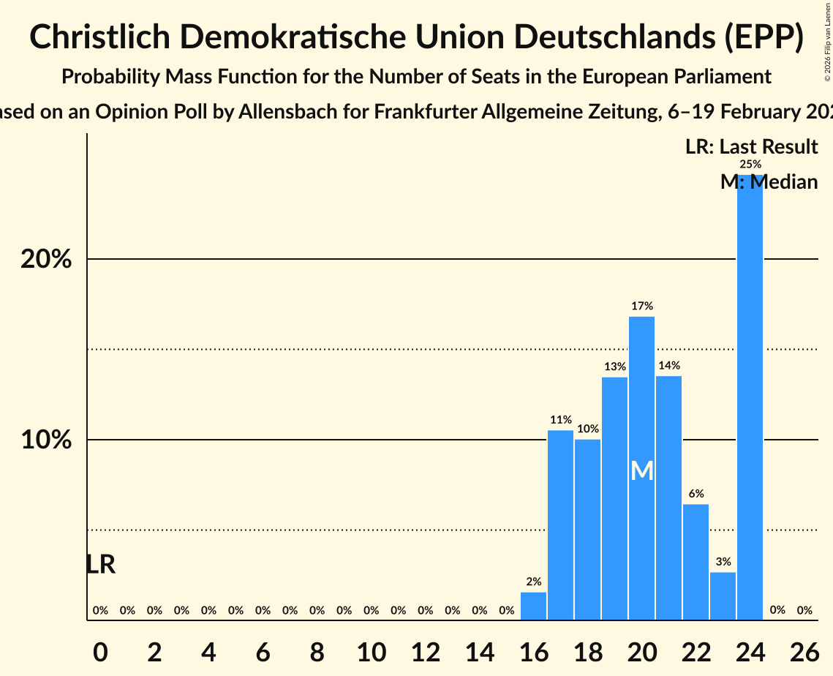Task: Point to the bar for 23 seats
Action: pyautogui.click(x=723, y=596)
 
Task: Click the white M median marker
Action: pyautogui.click(x=642, y=470)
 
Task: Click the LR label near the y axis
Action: pyautogui.click(x=100, y=564)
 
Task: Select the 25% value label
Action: pyautogui.click(x=750, y=165)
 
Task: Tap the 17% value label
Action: pyautogui.click(x=642, y=306)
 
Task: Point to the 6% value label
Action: pyautogui.click(x=696, y=494)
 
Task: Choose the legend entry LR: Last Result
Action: pyautogui.click(x=751, y=147)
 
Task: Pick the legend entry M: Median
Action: pyautogui.click(x=769, y=181)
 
